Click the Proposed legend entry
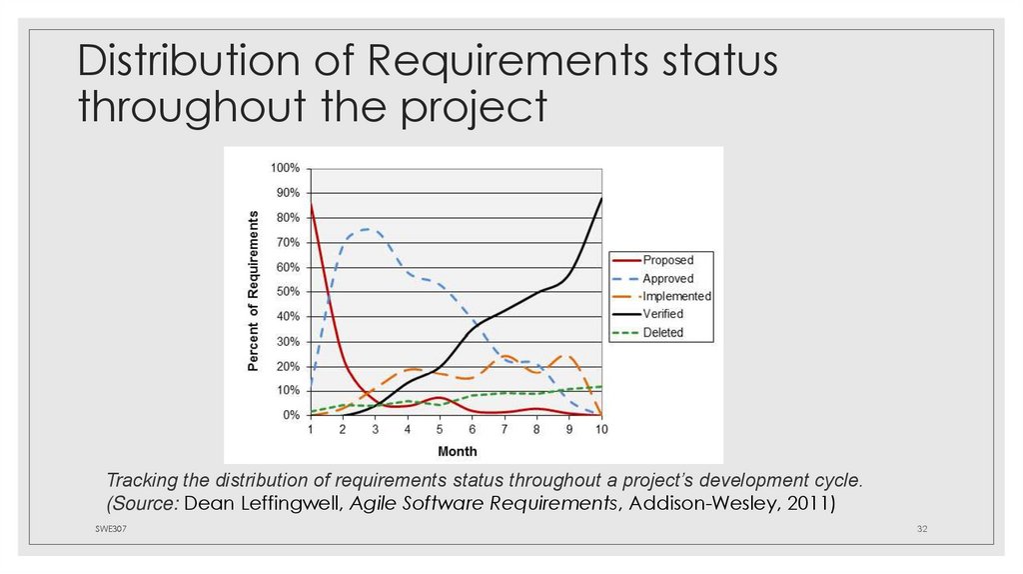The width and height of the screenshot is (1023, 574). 667,260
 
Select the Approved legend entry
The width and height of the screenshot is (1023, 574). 667,279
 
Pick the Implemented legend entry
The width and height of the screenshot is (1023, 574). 676,297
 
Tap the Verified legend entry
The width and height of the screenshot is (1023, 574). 662,314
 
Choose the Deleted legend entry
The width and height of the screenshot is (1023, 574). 662,332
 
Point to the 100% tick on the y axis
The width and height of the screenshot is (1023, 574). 286,168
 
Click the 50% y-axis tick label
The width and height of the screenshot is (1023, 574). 288,291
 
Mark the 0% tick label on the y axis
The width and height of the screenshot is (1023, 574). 291,415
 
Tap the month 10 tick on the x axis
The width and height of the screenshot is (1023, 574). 601,430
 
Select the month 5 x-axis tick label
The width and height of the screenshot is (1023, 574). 440,430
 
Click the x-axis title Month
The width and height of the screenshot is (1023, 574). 457,451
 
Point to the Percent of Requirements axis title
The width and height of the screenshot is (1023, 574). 254,291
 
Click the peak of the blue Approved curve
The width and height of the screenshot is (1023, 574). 368,229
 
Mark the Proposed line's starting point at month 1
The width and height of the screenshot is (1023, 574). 311,204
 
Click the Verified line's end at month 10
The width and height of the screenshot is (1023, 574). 601,198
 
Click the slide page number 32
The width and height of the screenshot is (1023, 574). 923,528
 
